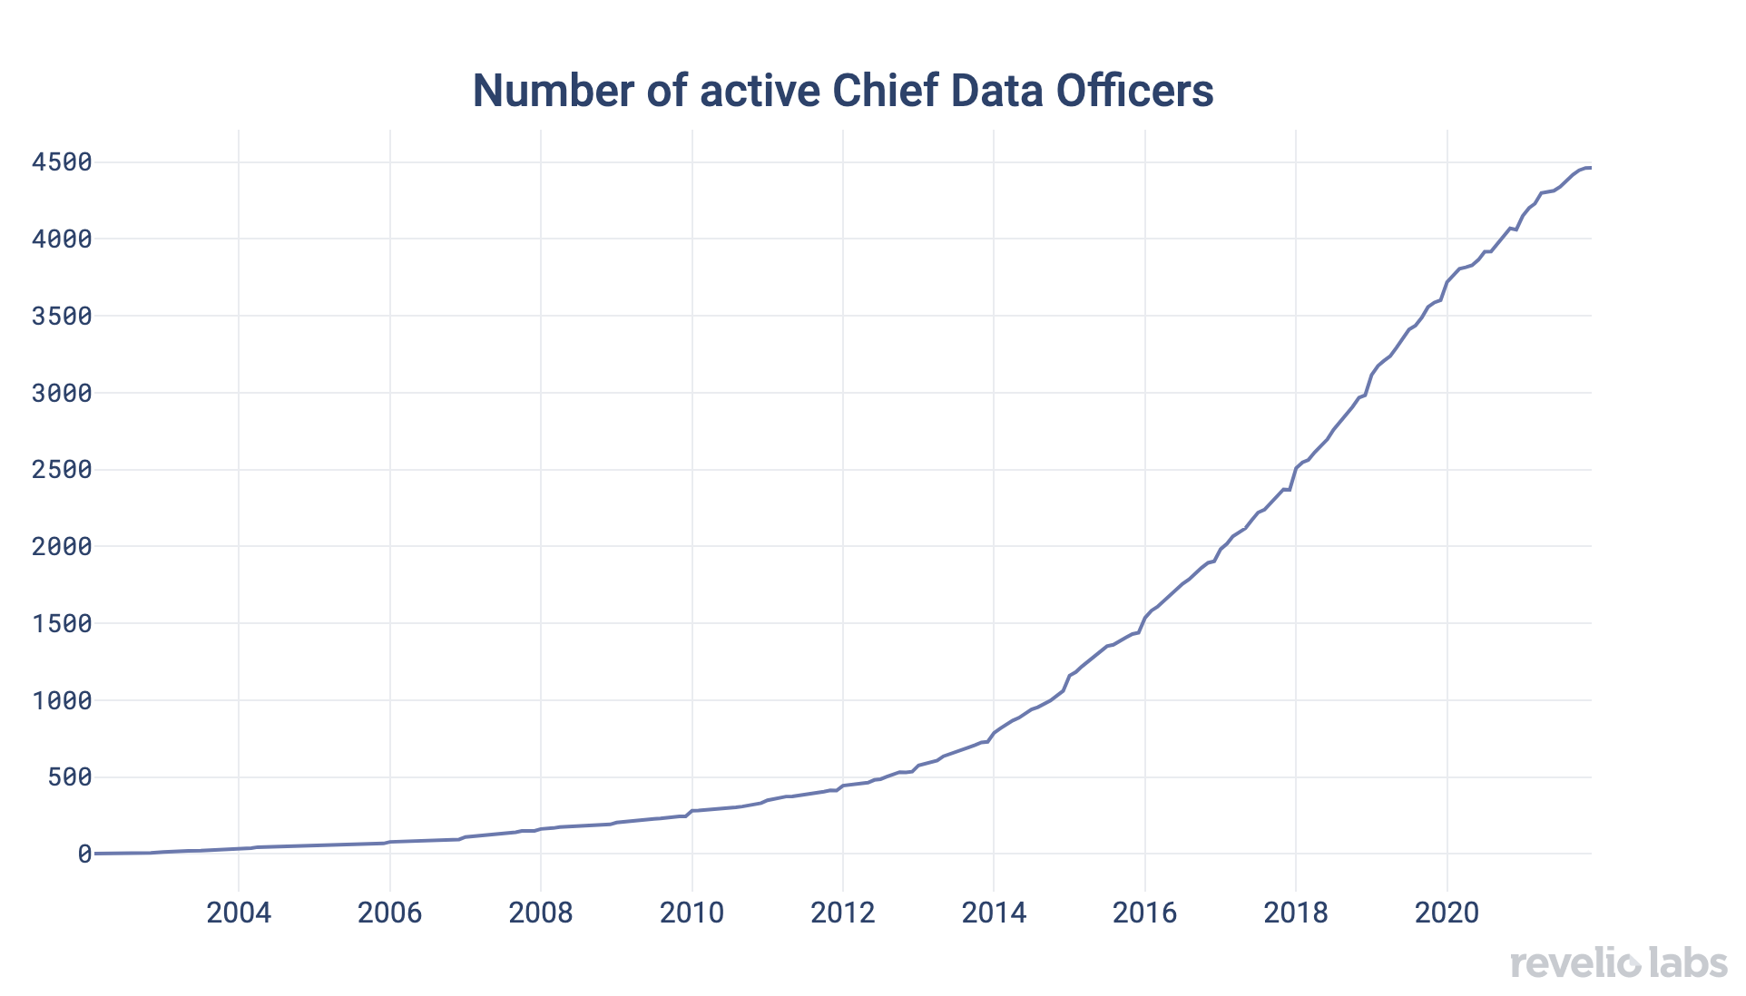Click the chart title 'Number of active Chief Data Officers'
click(842, 91)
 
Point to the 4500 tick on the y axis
click(62, 162)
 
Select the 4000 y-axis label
click(62, 239)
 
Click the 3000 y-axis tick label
click(62, 393)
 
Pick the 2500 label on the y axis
click(62, 470)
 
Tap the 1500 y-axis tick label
click(62, 623)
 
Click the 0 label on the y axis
click(84, 854)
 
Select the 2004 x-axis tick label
click(239, 912)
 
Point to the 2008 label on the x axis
click(541, 912)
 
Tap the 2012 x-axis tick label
click(843, 912)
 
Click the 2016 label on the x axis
click(1145, 912)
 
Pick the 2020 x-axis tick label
click(1447, 912)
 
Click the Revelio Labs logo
click(1619, 962)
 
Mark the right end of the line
click(1590, 168)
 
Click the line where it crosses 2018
click(1296, 468)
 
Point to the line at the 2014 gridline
click(994, 732)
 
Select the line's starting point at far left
click(95, 854)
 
